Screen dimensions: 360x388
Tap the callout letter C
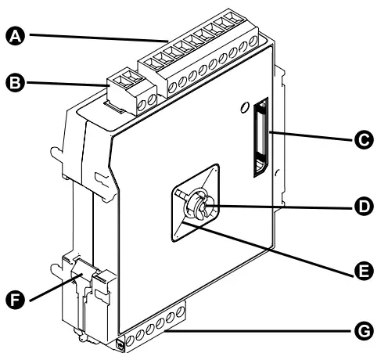tap(361, 140)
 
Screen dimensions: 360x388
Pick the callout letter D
tap(361, 208)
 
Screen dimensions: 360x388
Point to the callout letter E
tap(361, 271)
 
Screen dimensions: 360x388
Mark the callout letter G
tap(361, 333)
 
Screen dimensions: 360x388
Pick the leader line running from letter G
tap(266, 333)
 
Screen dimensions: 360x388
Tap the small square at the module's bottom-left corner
tap(120, 344)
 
